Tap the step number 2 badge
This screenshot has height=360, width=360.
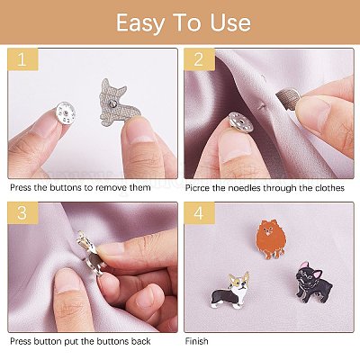coord(199,59)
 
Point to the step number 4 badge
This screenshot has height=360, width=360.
coord(199,213)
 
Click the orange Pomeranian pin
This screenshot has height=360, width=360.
coord(271,239)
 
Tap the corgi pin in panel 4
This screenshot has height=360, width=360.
coord(230,291)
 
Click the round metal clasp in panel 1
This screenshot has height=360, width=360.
coord(65,112)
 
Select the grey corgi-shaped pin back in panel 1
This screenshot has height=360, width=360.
coord(118,103)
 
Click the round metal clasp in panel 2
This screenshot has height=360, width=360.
coord(241,121)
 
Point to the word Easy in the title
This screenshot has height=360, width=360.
coord(140,23)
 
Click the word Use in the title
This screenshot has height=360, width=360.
coord(230,23)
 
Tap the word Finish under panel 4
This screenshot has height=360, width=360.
coord(196,341)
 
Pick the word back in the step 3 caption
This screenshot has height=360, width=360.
coord(140,341)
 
